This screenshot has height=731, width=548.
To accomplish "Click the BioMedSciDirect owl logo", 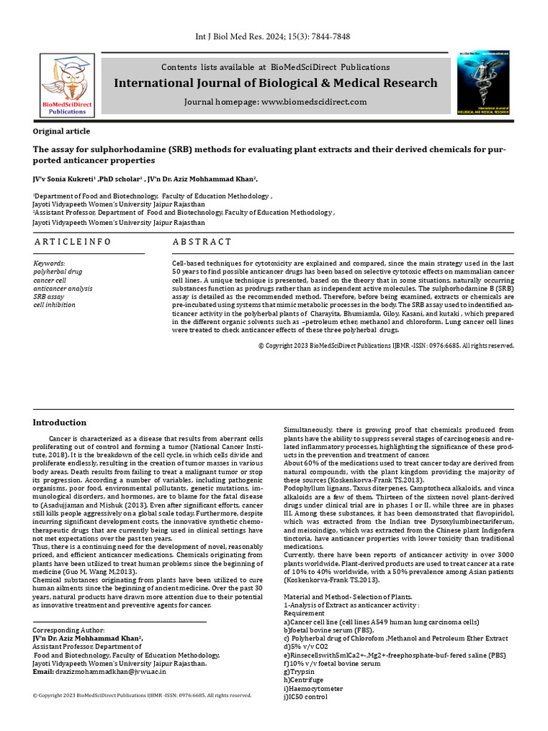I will coord(67,84).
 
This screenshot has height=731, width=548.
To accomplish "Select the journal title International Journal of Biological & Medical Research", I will coord(275,84).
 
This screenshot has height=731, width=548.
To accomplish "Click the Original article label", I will coord(61,131).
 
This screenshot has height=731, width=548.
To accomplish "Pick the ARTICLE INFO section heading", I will coord(73,242).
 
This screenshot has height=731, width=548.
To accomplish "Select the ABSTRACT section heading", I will coord(202,242).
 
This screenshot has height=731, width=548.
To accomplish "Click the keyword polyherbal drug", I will coord(59,272).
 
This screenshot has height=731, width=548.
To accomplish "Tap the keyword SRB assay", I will coord(49,296).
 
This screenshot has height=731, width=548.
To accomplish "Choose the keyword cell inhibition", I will coord(54,305).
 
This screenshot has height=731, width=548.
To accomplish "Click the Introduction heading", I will coord(60,423).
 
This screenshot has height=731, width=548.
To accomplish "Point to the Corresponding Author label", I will coord(68,630).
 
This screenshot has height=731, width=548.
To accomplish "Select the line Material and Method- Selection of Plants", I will coord(347,596).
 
